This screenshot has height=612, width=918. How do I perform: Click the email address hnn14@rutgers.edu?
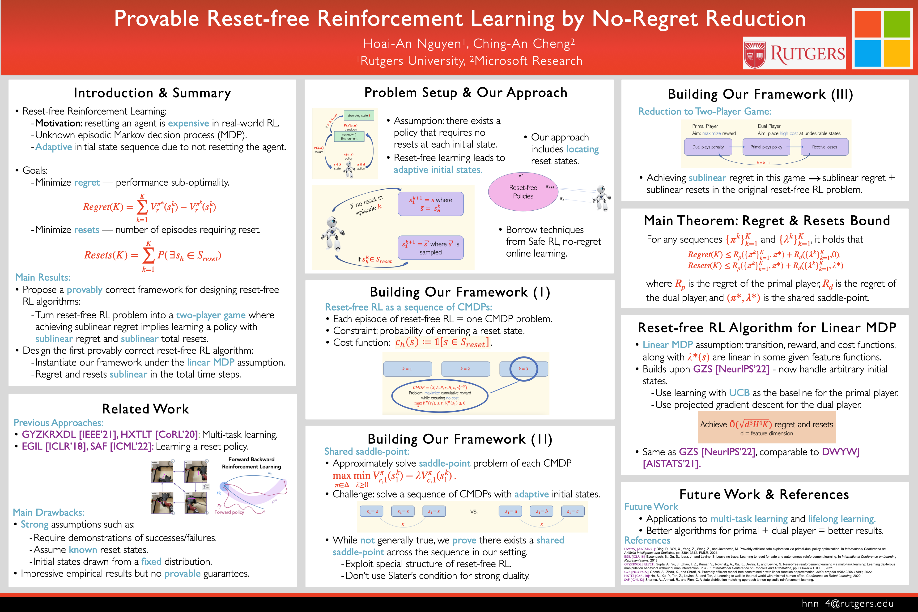point(847,603)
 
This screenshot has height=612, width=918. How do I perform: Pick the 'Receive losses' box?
point(824,147)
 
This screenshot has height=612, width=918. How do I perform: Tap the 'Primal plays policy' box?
point(766,147)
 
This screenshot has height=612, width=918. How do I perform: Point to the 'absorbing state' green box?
point(359,115)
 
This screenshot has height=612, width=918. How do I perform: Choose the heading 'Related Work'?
point(146,409)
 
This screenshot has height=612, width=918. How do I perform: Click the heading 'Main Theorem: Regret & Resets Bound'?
point(767,221)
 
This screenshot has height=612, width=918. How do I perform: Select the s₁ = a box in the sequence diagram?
point(510,511)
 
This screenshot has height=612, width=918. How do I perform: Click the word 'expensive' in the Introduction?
point(188,123)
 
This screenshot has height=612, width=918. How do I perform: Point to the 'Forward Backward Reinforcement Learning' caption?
point(251,463)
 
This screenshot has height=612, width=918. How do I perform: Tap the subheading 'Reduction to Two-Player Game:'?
point(705,112)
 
